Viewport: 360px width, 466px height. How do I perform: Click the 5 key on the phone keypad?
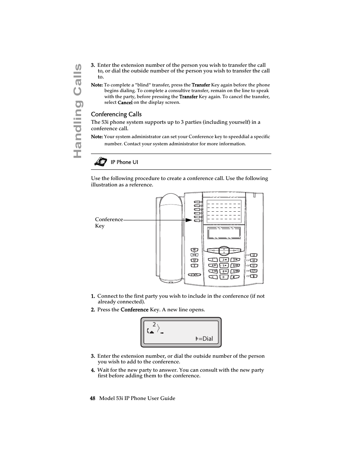click(x=224, y=266)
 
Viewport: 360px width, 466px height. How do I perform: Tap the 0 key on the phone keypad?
click(x=224, y=277)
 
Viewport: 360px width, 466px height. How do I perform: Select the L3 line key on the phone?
click(x=254, y=255)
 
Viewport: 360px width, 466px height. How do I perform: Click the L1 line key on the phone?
click(x=254, y=266)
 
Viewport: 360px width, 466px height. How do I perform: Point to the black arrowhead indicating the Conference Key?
click(x=189, y=220)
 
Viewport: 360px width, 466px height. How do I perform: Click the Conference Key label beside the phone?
click(x=109, y=222)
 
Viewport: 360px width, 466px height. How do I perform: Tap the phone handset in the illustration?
click(x=171, y=238)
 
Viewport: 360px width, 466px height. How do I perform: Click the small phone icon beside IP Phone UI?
click(x=101, y=162)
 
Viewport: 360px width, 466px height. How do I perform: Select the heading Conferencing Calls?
click(x=116, y=114)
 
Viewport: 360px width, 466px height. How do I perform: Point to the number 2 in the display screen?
click(x=154, y=325)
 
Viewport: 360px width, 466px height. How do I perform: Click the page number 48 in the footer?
click(x=92, y=398)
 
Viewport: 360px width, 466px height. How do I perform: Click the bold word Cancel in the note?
click(x=125, y=103)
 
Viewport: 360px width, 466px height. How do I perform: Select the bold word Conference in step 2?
click(x=134, y=310)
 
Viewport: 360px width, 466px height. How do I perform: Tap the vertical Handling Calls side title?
click(x=77, y=111)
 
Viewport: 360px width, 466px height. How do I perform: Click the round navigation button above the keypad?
click(x=224, y=251)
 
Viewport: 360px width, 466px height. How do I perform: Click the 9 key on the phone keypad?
click(x=235, y=271)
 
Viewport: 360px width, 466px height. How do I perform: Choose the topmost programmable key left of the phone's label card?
click(x=197, y=202)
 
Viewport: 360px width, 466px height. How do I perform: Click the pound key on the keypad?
click(x=235, y=277)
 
